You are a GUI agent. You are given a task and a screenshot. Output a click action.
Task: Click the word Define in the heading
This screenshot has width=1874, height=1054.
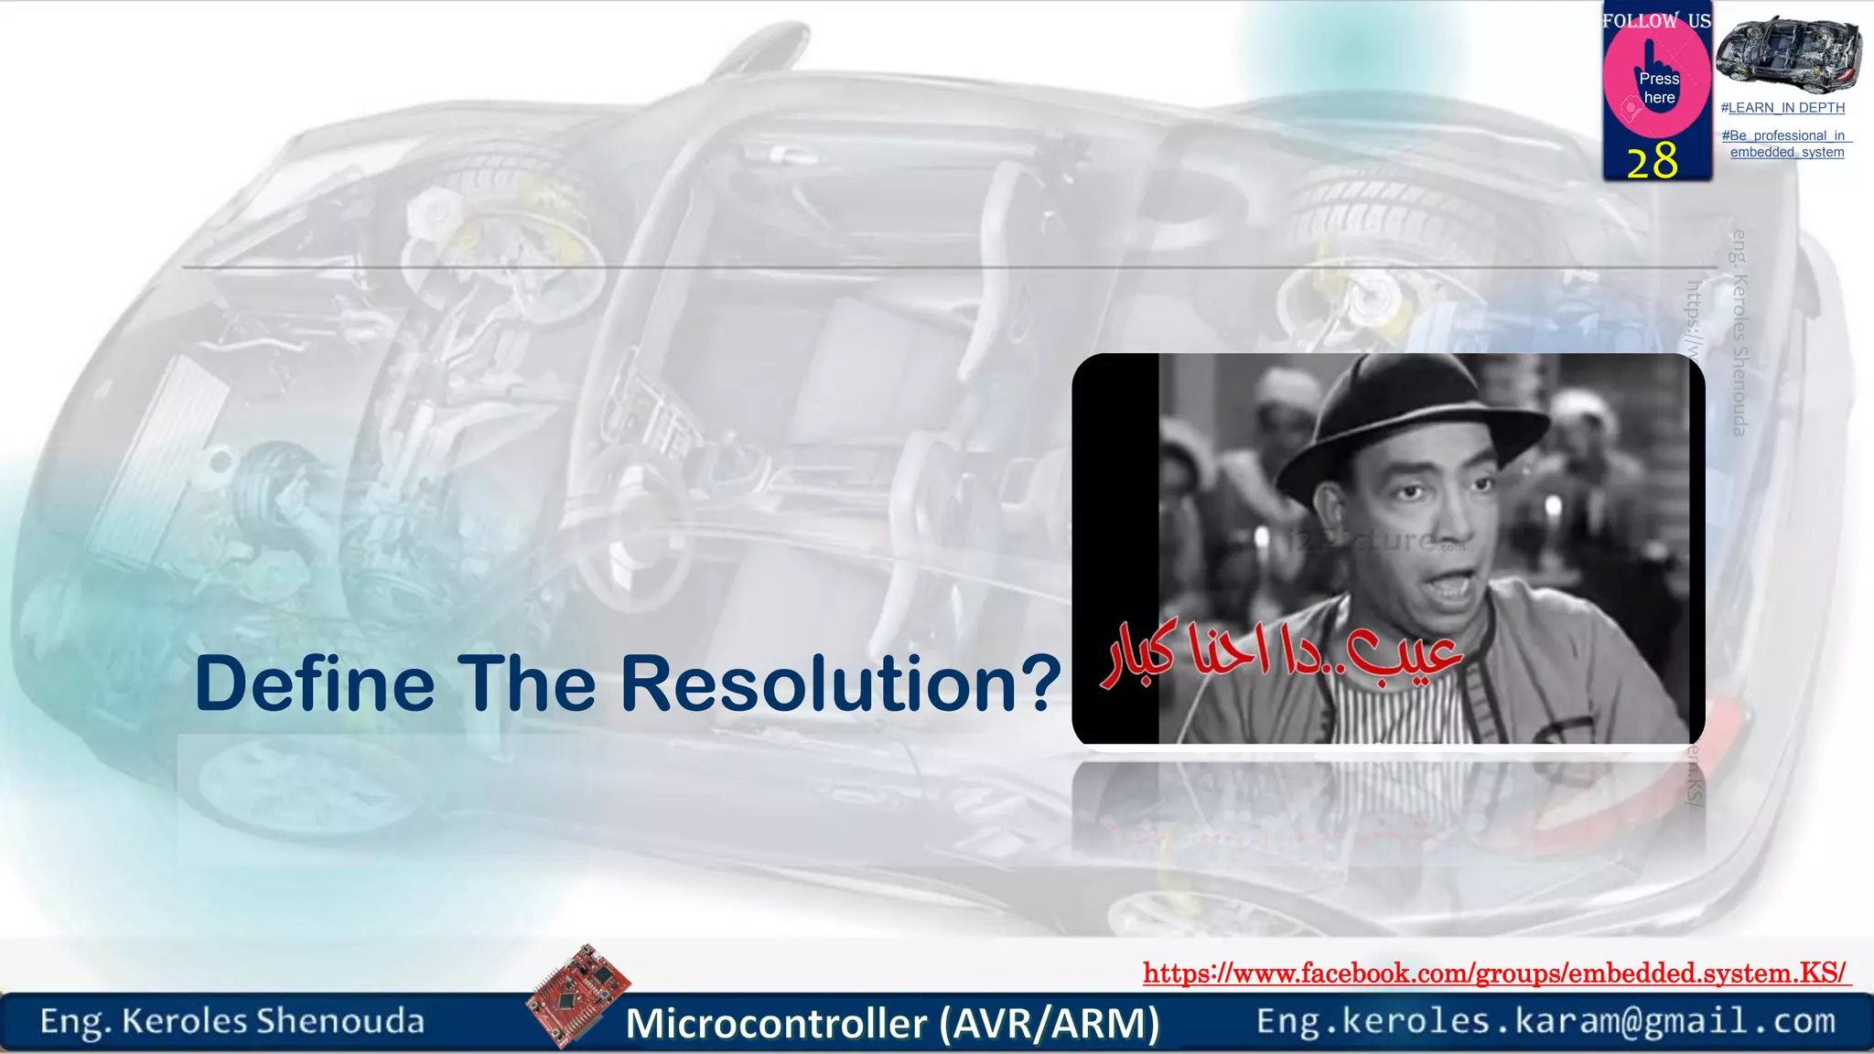pos(315,684)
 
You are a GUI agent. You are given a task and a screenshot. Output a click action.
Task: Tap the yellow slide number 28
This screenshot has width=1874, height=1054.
pos(1652,160)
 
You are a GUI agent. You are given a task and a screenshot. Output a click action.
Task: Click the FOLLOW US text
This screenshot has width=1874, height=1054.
pos(1655,20)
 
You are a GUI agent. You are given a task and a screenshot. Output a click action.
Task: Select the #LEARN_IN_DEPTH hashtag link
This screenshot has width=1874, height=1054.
pos(1782,108)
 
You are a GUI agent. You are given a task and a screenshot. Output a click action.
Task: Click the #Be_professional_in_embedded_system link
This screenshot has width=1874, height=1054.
pos(1786,144)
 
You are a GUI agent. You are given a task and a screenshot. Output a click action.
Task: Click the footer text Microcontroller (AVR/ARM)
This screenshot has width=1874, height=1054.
pos(892,1023)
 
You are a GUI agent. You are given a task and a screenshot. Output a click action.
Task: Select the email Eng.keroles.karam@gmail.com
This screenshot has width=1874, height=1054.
pos(1546,1021)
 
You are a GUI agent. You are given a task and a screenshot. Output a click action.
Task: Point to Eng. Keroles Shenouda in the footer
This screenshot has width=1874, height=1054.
pos(232,1021)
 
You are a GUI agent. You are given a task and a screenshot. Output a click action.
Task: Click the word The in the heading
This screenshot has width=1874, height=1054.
pos(527,684)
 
